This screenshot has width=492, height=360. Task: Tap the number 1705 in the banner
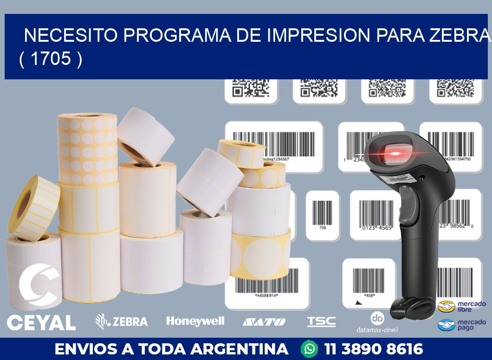pos(51,59)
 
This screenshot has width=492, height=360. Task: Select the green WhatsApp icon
pos(309,348)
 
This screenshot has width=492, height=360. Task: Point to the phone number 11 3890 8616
pos(374,349)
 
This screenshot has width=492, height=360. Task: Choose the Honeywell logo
pos(195,321)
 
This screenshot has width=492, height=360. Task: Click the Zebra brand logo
pos(122,321)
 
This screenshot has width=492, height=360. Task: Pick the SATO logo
pos(264,321)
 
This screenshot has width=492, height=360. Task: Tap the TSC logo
pos(321,321)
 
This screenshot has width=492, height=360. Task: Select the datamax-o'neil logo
pos(377,322)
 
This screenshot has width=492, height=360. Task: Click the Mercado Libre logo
pos(462,306)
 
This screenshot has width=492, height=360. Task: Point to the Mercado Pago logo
pos(462,325)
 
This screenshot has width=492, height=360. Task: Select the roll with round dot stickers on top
pos(87,148)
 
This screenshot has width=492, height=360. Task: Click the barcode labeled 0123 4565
pos(375,215)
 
